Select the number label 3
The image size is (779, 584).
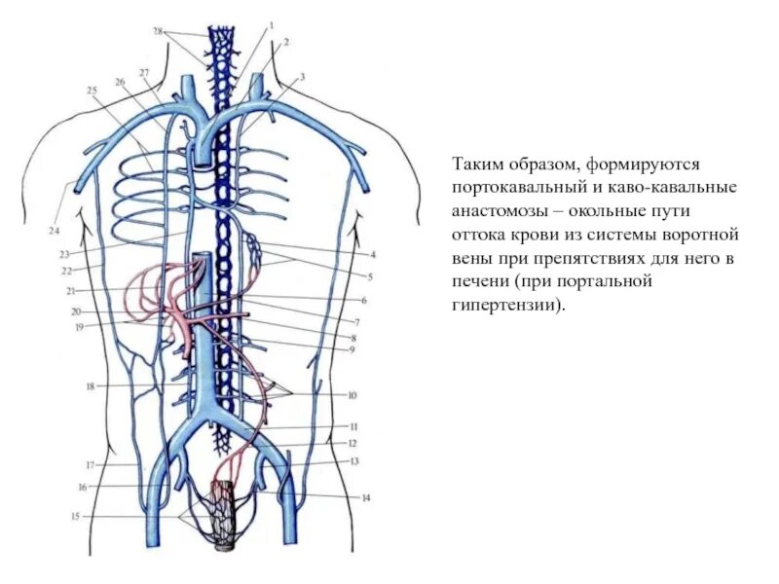[x=303, y=75]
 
